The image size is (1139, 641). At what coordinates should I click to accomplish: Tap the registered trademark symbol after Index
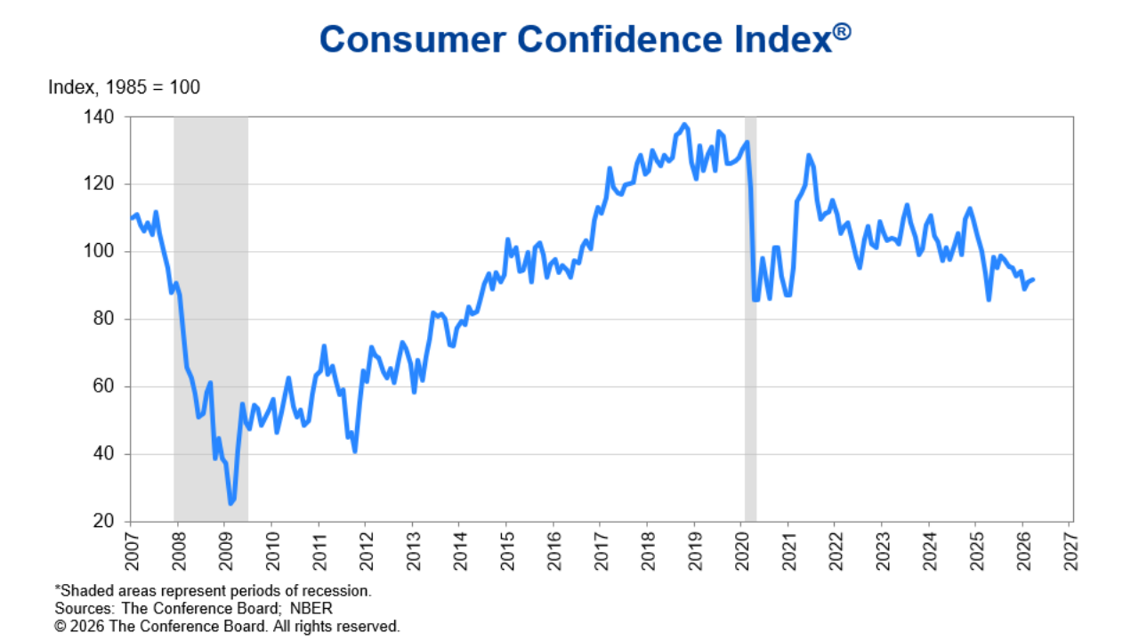pos(841,32)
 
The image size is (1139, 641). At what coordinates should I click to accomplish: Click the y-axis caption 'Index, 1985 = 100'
pos(124,87)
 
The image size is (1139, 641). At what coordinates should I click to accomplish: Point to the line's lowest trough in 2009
pos(231,504)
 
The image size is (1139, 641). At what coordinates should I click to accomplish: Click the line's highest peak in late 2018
pos(683,125)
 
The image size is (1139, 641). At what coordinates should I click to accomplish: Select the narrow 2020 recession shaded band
pos(750,319)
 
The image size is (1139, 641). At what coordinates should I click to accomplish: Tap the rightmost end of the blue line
pos(1033,280)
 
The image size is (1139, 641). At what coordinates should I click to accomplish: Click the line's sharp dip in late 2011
pos(355,451)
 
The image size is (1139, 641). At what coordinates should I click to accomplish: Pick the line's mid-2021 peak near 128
pos(808,156)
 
